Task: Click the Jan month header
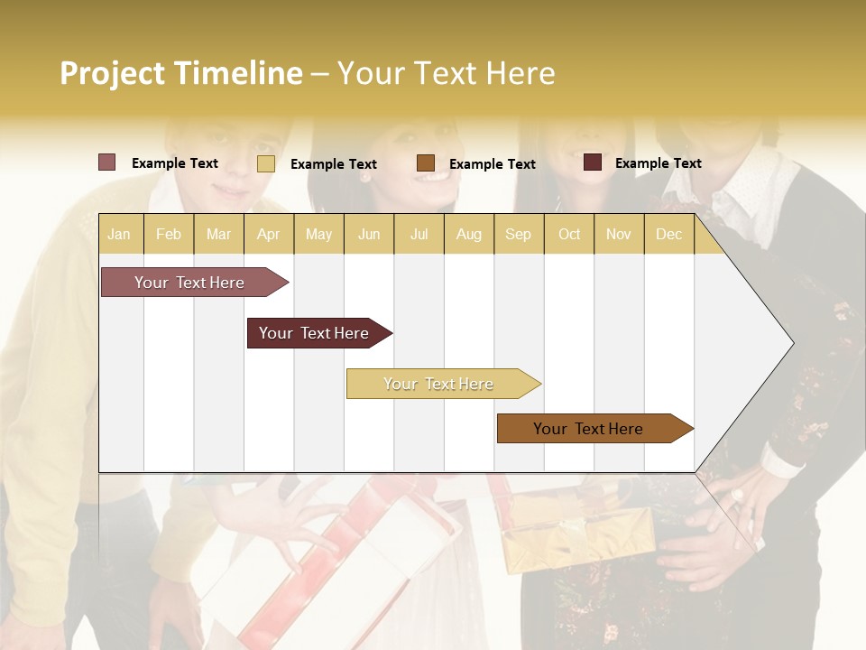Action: [x=119, y=234]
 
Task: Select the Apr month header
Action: [x=268, y=234]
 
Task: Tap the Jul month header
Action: [x=419, y=234]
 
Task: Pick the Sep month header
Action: [x=518, y=234]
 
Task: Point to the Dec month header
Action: [x=668, y=234]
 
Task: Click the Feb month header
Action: [x=169, y=234]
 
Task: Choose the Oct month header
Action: [x=569, y=234]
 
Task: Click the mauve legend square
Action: [x=106, y=162]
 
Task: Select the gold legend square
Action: [x=265, y=163]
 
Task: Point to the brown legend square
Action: [x=426, y=163]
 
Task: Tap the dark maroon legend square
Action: [x=592, y=162]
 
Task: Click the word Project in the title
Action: [x=112, y=73]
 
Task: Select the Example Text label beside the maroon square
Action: [x=658, y=162]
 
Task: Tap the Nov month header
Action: [x=619, y=234]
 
